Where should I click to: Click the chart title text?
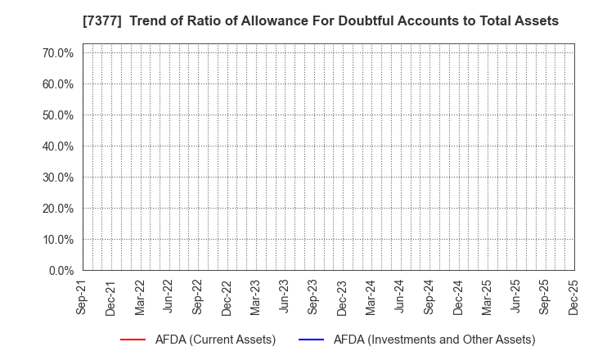294,21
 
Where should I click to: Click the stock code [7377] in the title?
50,21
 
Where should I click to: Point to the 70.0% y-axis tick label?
57,53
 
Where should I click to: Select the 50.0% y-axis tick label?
57,115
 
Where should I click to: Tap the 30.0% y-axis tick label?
57,178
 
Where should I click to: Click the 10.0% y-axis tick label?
57,240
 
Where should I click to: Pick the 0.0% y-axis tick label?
60,270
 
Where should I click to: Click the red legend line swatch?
133,340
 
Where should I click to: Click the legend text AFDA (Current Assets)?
216,340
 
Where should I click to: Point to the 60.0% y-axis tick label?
57,84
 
